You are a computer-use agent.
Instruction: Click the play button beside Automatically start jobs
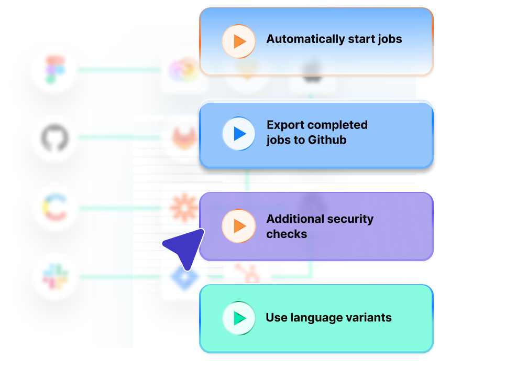click(238, 41)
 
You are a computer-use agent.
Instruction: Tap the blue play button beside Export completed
click(238, 134)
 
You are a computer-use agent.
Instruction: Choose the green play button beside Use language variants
click(238, 318)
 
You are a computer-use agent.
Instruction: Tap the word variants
click(370, 317)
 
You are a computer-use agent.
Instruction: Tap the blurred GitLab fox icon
click(184, 137)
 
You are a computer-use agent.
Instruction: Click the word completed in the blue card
click(336, 125)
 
